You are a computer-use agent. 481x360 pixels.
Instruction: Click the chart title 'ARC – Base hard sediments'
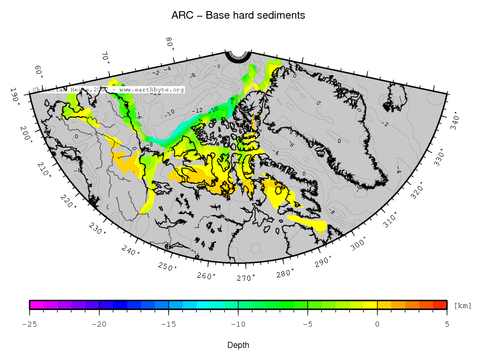238,16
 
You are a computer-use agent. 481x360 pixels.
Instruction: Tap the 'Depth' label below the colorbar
238,345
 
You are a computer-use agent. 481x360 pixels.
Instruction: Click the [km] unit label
462,305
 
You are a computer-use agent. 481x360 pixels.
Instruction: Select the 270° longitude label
246,278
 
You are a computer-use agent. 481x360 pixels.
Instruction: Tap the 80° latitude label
171,44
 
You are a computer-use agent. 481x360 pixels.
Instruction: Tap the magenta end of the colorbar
33,304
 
